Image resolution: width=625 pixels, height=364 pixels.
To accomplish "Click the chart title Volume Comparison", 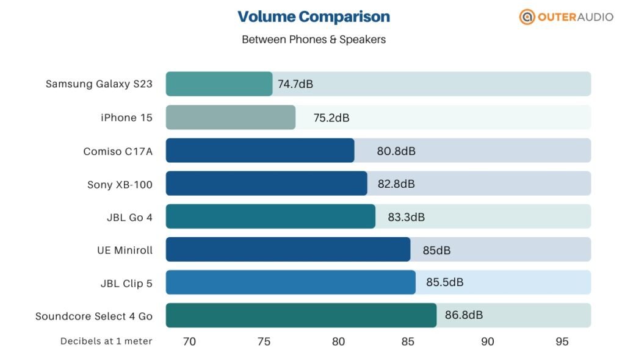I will click(x=313, y=16).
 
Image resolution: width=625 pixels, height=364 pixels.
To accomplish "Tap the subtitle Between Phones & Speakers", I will click(x=314, y=40).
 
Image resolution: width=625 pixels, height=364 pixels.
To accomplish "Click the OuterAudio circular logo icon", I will click(x=527, y=17).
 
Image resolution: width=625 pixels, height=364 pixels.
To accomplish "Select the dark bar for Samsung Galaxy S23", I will click(x=219, y=84).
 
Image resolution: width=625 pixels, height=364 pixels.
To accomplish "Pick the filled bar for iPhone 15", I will click(x=231, y=117).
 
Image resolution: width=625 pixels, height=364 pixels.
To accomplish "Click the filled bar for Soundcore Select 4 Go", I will click(x=301, y=315).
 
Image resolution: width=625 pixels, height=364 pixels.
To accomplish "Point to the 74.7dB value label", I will click(x=295, y=84).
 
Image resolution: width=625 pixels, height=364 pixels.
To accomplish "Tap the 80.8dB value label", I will click(x=396, y=151).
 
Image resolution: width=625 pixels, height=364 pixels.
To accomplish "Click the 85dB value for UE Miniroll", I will click(x=436, y=249).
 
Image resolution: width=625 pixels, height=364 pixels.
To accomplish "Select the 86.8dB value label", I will click(x=464, y=315).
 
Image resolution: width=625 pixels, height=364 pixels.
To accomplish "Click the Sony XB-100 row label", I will click(x=120, y=184).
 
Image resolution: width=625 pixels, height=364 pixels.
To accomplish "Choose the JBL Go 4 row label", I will click(x=129, y=216).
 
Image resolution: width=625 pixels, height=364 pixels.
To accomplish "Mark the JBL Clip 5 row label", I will click(x=126, y=283).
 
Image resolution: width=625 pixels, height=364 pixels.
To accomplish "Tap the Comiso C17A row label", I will click(x=118, y=151).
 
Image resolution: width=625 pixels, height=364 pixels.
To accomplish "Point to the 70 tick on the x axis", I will click(x=189, y=341).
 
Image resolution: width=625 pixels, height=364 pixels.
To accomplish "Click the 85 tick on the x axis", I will click(x=413, y=341).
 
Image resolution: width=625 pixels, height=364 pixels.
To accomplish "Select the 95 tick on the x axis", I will click(x=562, y=341).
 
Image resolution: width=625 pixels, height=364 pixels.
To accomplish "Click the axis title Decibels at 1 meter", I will click(x=106, y=341).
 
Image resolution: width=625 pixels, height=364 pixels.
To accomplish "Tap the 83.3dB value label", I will click(x=406, y=216).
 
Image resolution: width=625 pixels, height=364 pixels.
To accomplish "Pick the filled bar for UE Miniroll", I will click(x=288, y=249).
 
